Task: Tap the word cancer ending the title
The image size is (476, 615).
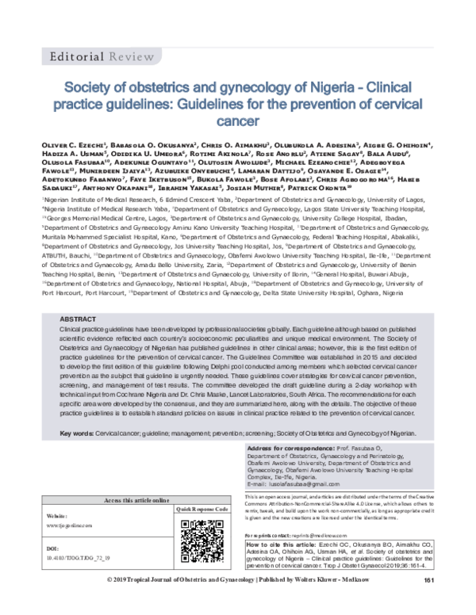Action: coord(237,123)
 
